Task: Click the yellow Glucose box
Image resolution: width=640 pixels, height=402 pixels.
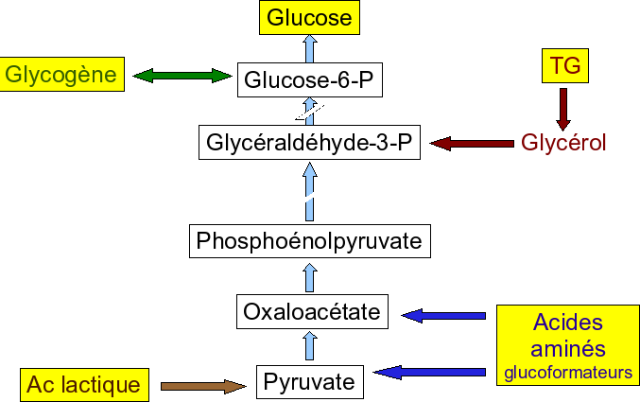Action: [x=309, y=17]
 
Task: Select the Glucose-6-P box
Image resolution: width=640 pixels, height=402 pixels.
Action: [x=310, y=81]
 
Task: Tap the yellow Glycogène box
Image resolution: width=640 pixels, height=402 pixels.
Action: [x=63, y=74]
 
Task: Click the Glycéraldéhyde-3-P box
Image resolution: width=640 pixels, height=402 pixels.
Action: [x=310, y=144]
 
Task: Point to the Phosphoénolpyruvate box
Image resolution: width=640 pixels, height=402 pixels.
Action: [x=309, y=241]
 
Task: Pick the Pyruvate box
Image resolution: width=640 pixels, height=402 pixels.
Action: [x=309, y=382]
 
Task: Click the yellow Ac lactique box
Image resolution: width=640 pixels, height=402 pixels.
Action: [x=84, y=385]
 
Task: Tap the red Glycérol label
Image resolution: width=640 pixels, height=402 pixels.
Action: [x=563, y=144]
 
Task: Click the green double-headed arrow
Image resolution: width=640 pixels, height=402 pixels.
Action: [x=182, y=75]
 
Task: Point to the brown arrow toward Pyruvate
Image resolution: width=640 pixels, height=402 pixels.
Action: [x=203, y=385]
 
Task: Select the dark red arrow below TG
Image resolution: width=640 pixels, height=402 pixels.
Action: [x=564, y=109]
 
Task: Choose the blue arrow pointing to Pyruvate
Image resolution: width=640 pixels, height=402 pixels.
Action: [x=431, y=372]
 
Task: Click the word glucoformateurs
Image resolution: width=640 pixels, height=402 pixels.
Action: [x=568, y=373]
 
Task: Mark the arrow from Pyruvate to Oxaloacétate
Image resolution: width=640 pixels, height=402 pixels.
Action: [x=309, y=346]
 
